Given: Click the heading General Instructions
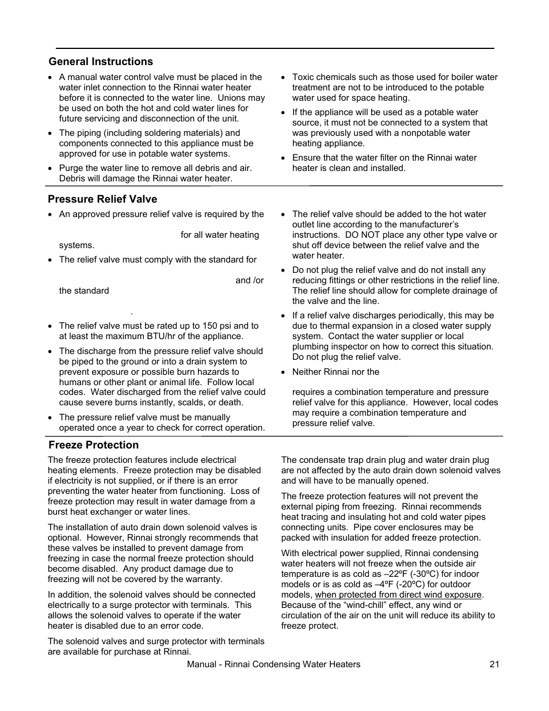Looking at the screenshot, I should click(101, 62).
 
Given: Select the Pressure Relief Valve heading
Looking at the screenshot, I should click(102, 199).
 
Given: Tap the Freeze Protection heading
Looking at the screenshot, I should click(93, 445).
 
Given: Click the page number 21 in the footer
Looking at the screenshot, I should click(494, 664).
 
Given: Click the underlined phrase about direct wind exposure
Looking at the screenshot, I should click(398, 595).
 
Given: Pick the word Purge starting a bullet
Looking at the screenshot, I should click(71, 168).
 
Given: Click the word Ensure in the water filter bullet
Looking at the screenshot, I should click(306, 158).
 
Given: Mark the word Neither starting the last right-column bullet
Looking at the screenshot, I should click(307, 372).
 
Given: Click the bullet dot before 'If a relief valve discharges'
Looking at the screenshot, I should click(284, 315).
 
